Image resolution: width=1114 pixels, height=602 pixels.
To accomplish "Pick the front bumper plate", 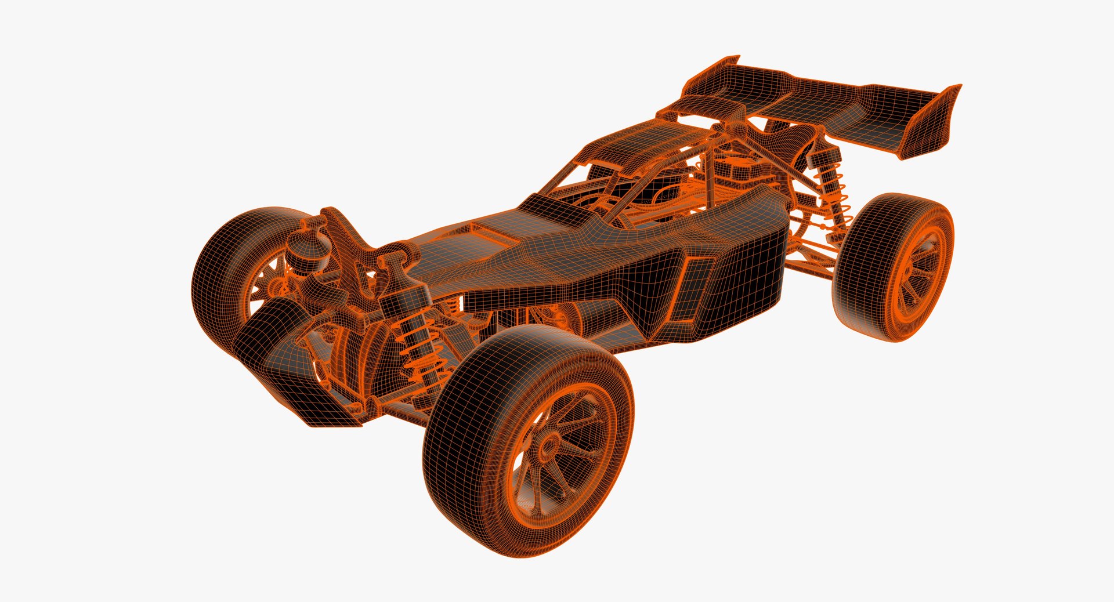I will (290, 371).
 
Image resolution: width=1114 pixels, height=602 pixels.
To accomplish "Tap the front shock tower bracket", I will (348, 244).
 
